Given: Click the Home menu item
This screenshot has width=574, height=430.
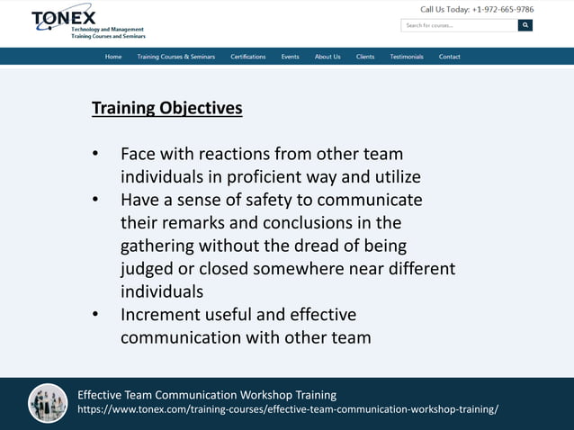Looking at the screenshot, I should click(113, 57).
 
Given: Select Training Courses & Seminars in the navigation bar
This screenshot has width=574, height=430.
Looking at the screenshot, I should click(176, 57).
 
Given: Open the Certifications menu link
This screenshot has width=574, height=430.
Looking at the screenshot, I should click(248, 57).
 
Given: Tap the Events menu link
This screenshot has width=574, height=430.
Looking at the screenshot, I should click(290, 57).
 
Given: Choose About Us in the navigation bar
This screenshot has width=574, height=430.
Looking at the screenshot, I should click(327, 57).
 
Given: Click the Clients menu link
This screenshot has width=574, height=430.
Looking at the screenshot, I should click(365, 57).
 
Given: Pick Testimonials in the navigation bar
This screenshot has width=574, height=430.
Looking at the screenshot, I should click(407, 57).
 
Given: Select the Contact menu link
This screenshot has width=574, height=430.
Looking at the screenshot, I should click(450, 57).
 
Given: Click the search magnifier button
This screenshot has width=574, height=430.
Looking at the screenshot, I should click(525, 25).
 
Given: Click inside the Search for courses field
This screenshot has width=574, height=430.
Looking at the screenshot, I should click(459, 25).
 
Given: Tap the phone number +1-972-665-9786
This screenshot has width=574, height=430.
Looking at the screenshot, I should click(503, 10).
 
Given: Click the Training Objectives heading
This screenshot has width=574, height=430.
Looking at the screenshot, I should click(167, 108).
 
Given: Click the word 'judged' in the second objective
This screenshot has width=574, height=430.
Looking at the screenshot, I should click(148, 269).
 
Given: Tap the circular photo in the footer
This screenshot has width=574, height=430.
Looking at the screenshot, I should click(48, 403).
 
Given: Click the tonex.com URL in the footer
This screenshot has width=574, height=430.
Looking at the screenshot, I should click(288, 409).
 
